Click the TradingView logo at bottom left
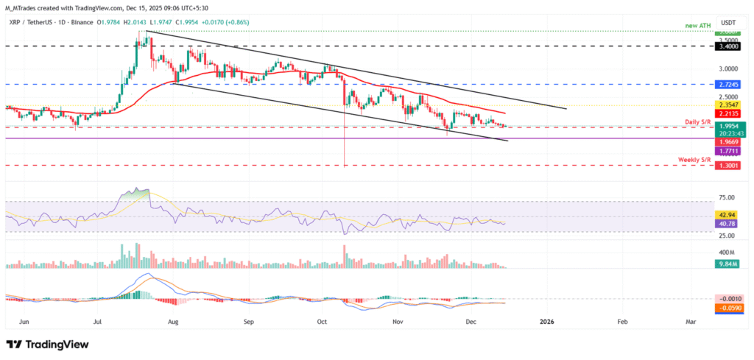tap(47, 345)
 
